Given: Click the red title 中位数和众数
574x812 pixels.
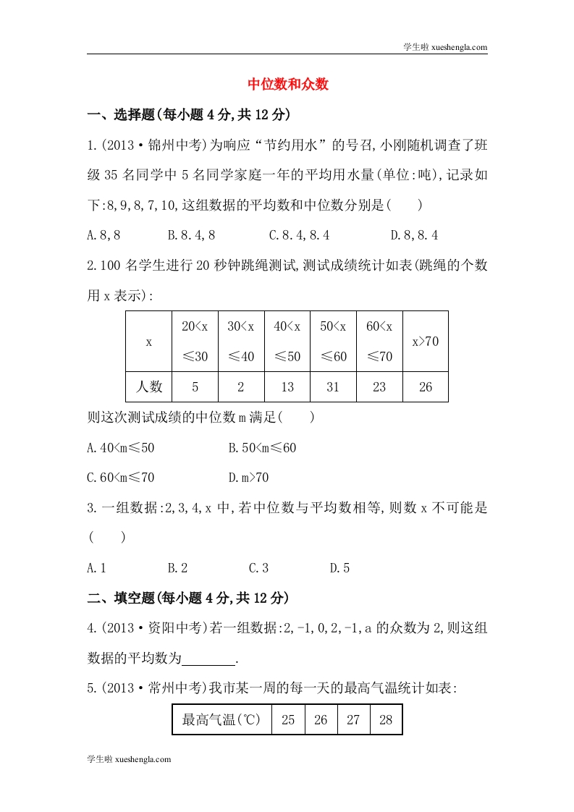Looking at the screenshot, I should (288, 84).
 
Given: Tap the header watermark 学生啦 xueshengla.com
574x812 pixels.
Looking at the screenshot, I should (444, 47).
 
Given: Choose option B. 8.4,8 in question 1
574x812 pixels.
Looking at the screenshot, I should (191, 235).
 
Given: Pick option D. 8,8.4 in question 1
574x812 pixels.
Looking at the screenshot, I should (414, 235).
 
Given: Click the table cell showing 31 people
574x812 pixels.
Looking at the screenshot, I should (333, 387).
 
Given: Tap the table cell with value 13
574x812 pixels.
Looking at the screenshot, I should (287, 387).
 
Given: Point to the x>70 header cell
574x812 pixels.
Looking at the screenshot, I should (425, 342).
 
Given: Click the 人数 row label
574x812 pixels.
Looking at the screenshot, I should (148, 387).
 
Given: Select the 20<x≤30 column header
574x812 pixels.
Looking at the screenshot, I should (195, 342).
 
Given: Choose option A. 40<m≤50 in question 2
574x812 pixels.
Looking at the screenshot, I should (120, 448).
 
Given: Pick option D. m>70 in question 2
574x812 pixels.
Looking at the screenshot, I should (248, 478).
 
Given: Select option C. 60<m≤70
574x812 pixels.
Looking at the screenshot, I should (120, 478).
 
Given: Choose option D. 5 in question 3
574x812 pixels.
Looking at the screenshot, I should (339, 568).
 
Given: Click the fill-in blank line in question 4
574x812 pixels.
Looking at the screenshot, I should (209, 660).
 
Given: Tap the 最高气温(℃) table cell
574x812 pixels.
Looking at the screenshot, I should (221, 720).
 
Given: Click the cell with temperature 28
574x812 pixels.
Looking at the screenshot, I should (385, 720).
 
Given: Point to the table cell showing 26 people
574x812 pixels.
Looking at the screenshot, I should (425, 387).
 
